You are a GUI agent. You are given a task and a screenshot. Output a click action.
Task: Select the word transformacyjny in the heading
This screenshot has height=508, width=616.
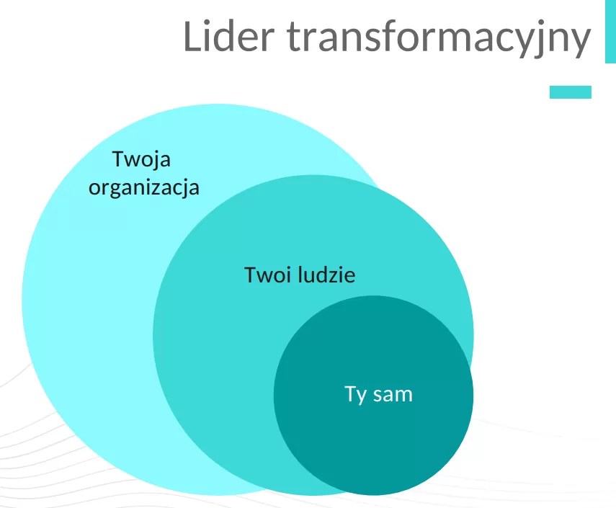coord(432,38)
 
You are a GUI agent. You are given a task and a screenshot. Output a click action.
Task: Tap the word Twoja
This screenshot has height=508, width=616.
coord(142,159)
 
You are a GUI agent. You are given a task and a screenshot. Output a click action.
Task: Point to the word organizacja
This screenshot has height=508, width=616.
coord(143,189)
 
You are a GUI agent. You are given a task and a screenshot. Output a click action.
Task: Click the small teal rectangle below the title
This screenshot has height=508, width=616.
coord(570,92)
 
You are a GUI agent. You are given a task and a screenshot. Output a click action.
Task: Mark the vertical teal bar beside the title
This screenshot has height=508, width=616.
coord(610,32)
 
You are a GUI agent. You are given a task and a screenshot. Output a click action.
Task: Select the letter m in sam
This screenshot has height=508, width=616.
coord(403,396)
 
